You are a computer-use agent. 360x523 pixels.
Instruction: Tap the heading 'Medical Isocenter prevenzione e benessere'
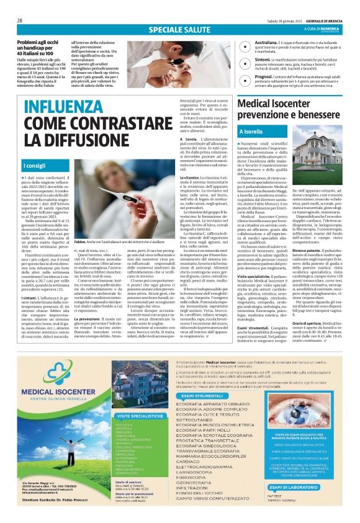click(287, 109)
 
